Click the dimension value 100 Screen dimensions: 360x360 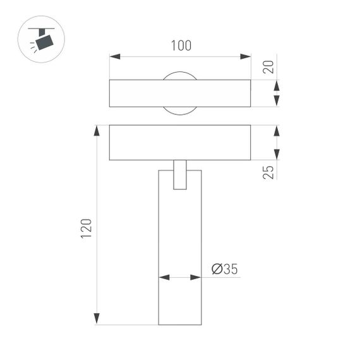tap(180, 46)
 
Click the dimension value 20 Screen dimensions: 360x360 tap(270, 66)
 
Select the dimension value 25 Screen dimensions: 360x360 tap(270, 171)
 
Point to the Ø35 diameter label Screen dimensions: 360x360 tap(224, 270)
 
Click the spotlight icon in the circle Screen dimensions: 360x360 tap(42, 39)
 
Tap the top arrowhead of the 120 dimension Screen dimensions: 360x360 tap(97, 130)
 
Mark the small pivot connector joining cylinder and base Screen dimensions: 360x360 tap(180, 175)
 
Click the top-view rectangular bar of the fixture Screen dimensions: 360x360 tap(180, 93)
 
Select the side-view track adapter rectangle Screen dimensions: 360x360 tap(180, 142)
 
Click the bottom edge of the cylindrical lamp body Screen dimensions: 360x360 tap(180, 325)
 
